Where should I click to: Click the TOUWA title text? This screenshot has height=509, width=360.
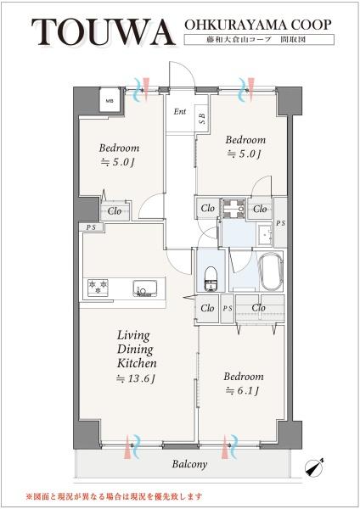[103, 32]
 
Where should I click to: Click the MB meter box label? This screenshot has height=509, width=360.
[110, 101]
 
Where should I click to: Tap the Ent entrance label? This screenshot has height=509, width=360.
[180, 112]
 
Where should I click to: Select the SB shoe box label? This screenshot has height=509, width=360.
[202, 119]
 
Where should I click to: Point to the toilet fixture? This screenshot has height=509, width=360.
[211, 278]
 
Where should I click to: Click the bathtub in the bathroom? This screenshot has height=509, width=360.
[271, 271]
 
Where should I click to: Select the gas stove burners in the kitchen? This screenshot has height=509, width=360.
[98, 287]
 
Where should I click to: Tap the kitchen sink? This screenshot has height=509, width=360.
[145, 288]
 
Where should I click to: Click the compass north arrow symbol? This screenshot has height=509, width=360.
[315, 467]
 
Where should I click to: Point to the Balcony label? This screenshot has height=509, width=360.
[189, 464]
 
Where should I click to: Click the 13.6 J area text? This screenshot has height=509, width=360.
[136, 378]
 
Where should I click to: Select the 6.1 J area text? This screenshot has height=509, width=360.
[243, 391]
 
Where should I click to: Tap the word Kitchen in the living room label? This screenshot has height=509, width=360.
[137, 363]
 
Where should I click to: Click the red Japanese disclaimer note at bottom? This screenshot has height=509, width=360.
[114, 496]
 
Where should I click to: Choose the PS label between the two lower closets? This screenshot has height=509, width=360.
[228, 309]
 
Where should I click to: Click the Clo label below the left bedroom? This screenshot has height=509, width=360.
[115, 211]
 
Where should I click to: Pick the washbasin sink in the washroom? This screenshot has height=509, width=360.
[265, 234]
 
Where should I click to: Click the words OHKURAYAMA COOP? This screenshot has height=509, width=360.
[258, 25]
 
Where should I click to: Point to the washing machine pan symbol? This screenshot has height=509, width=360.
[233, 209]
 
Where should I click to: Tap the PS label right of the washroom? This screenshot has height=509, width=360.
[281, 223]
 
